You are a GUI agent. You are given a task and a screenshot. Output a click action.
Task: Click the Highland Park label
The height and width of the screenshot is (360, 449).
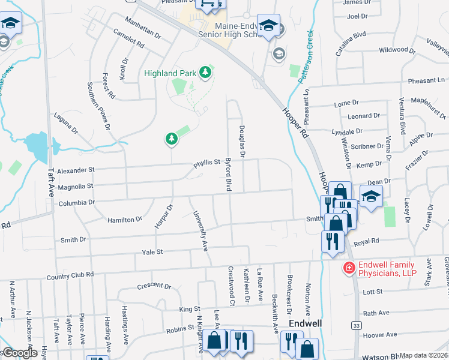[x=170, y=73]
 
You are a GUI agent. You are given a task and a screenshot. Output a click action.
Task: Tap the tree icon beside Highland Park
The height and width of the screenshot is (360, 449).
[x=206, y=73]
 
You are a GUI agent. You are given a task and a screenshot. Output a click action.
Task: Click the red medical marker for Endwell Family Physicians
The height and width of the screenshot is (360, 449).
[x=347, y=268]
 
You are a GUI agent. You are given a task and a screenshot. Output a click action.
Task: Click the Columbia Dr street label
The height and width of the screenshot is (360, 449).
[x=76, y=203]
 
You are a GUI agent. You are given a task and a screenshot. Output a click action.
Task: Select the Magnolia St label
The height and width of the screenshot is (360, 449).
[x=76, y=186]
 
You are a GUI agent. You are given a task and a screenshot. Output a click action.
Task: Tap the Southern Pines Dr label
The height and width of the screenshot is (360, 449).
[x=99, y=106]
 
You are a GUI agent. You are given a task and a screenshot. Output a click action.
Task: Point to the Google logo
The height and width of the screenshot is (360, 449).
[x=19, y=353]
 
